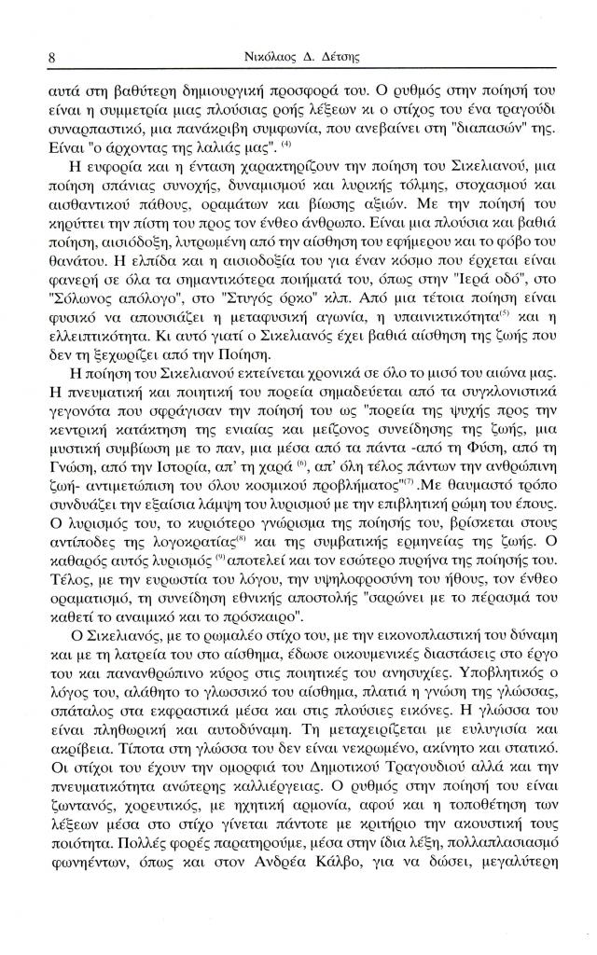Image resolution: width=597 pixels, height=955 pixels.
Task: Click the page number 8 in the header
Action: pos(51,58)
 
